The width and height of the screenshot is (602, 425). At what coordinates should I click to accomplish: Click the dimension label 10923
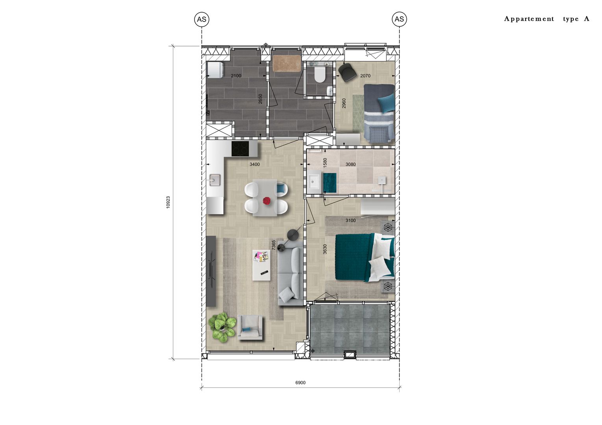(x=168, y=202)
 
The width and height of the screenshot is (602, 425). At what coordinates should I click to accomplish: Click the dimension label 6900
(x=300, y=382)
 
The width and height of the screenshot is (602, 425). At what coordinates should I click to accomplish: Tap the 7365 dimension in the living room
(x=274, y=245)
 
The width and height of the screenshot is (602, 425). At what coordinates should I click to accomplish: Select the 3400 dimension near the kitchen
(x=255, y=164)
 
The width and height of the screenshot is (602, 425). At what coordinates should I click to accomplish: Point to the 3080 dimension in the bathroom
(x=350, y=164)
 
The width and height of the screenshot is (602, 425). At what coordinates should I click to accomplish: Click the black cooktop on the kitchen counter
(x=240, y=149)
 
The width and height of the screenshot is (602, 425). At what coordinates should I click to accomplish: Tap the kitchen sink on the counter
(x=215, y=180)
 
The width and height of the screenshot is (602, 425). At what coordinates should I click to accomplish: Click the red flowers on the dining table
(x=267, y=201)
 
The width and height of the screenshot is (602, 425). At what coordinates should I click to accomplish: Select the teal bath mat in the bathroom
(x=330, y=183)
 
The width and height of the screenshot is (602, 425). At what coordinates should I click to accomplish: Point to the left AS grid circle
(x=202, y=19)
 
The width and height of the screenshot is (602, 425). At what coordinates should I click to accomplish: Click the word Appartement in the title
(x=529, y=19)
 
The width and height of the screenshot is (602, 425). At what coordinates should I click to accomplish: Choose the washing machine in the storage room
(x=215, y=70)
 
